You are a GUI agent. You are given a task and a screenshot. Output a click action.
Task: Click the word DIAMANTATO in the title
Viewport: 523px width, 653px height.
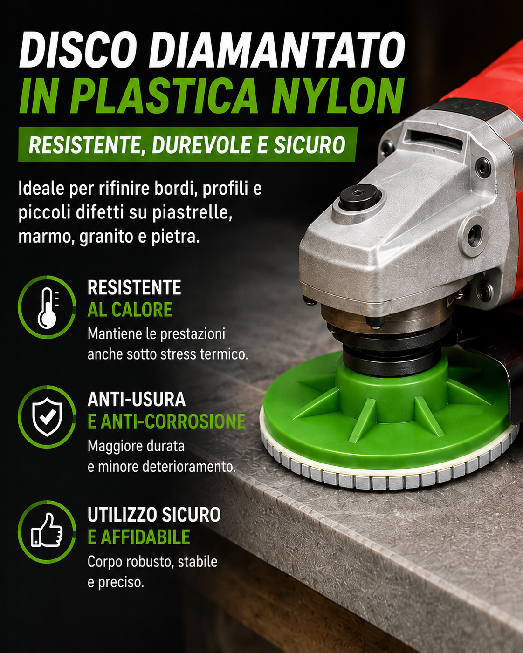point(277,50)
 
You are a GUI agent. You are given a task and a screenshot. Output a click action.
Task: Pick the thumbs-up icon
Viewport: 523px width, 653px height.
point(47,530)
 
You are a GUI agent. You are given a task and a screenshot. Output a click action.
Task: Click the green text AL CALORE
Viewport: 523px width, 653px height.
point(130,310)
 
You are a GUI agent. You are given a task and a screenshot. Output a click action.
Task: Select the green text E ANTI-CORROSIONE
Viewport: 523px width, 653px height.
point(166,421)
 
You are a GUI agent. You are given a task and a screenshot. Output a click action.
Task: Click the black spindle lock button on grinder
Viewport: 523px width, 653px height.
point(360,197)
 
